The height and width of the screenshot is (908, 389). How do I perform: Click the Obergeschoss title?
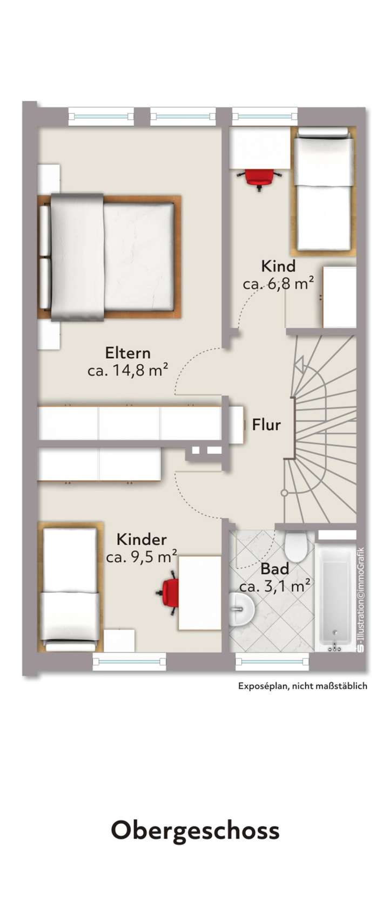tap(195, 831)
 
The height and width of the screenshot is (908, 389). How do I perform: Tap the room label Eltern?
tap(128, 353)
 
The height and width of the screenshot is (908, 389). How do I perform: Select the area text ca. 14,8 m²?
tap(128, 371)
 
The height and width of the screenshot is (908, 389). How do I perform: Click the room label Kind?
tap(278, 266)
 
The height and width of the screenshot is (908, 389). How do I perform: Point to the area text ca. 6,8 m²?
tap(278, 284)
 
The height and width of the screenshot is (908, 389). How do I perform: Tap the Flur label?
tap(266, 425)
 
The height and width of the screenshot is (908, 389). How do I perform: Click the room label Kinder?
tap(142, 540)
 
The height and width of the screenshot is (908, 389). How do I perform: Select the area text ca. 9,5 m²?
tap(142, 557)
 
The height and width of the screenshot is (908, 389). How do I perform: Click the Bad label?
tap(274, 569)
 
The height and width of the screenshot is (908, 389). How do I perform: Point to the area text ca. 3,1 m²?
tap(274, 586)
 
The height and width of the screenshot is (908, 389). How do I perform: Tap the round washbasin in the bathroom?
tap(240, 610)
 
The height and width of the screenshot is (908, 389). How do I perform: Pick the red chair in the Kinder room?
tap(170, 594)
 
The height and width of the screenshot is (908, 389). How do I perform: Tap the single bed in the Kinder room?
tap(70, 588)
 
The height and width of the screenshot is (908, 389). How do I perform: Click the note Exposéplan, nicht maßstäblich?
tap(303, 686)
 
